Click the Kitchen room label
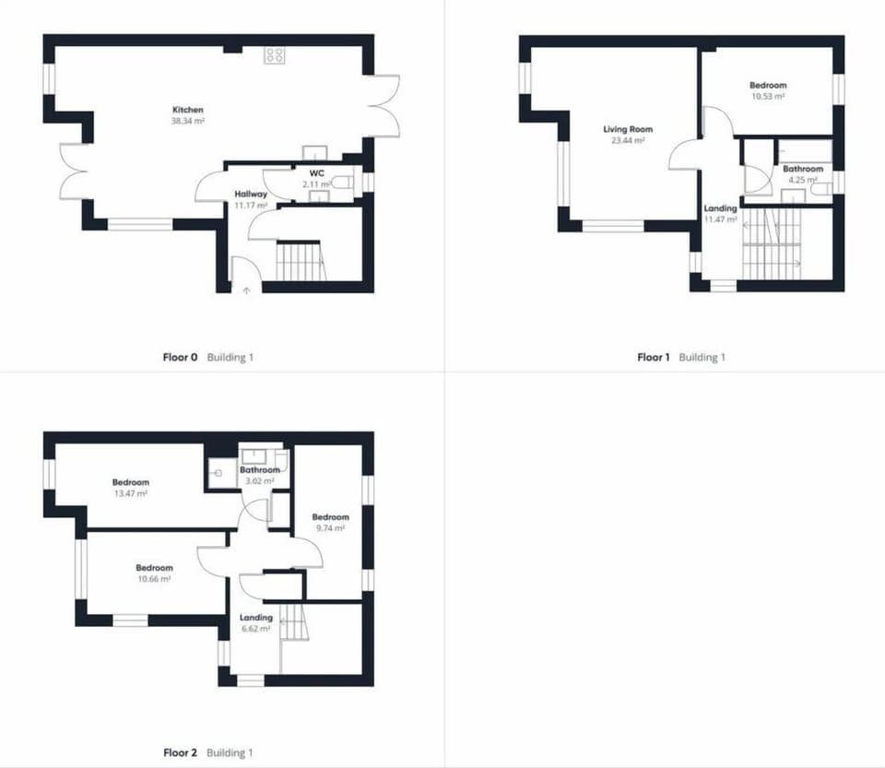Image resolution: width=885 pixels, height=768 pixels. pos(187,110)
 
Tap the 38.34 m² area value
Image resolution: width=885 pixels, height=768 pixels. pos(187,121)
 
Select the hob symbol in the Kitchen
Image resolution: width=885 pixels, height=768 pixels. pos(275,55)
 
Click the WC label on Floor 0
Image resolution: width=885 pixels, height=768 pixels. pos(317,173)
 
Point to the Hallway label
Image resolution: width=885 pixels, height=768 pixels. pos(251,195)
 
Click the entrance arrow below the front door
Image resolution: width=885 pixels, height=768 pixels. pos(246,290)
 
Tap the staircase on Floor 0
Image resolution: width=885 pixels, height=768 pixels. pos(301,261)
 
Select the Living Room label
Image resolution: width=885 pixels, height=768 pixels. pos(628,129)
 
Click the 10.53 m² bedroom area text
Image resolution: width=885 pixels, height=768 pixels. pos(768,96)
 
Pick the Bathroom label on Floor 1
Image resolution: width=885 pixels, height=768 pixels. pos(803,170)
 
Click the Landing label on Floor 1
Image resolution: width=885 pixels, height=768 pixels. pos(720,209)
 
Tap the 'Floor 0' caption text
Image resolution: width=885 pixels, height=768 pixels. pos(181,357)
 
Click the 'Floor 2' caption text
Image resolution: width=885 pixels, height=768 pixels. pos(181,752)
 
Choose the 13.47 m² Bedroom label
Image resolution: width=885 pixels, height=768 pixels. pos(131,482)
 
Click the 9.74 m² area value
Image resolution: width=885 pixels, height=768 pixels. pos(330,528)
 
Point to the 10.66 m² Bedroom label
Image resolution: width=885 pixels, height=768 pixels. pos(154,568)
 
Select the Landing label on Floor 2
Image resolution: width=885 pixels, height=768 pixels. pos(255,618)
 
